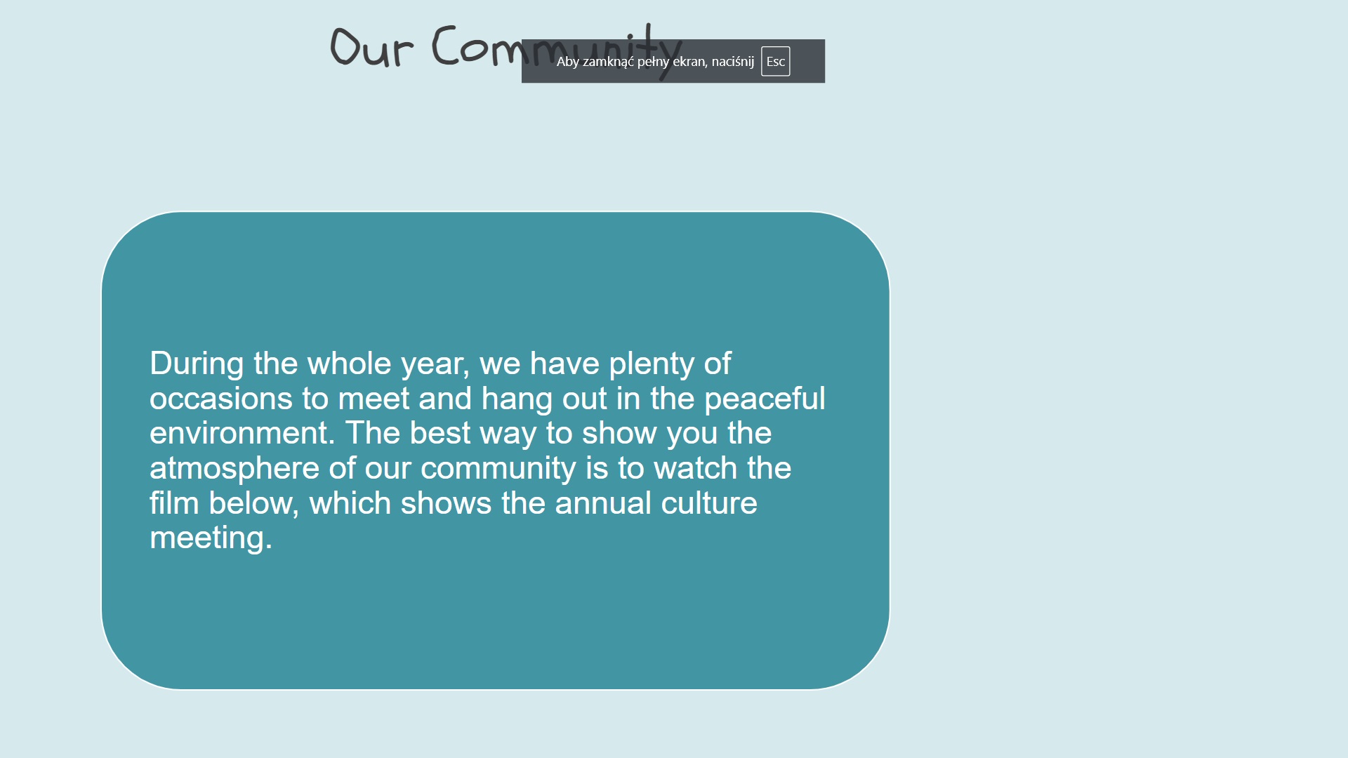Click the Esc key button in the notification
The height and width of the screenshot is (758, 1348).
tap(775, 61)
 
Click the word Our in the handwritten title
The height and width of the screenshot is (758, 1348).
tap(371, 46)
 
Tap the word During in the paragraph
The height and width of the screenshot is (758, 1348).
tap(197, 364)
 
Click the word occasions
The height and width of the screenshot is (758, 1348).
tap(221, 399)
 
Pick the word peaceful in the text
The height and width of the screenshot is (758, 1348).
tap(765, 399)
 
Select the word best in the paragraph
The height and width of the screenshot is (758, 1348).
tap(440, 433)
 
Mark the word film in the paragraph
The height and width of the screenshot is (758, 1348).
tap(174, 503)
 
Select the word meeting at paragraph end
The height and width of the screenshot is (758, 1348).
tap(211, 539)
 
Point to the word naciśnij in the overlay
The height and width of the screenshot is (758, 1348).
tap(733, 62)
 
